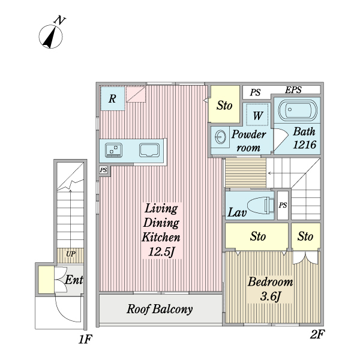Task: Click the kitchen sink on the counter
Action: pos(149,150)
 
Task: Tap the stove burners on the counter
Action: pos(113,149)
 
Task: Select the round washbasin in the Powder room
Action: pos(220,137)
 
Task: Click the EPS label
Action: pos(293,91)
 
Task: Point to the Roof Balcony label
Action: pos(160,310)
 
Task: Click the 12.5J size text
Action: pos(161,251)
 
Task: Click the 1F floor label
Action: pos(85,341)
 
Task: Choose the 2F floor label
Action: pos(317,335)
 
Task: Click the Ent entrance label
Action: pos(74,280)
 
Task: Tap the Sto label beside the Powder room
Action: pos(224,106)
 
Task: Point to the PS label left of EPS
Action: pos(256,92)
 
